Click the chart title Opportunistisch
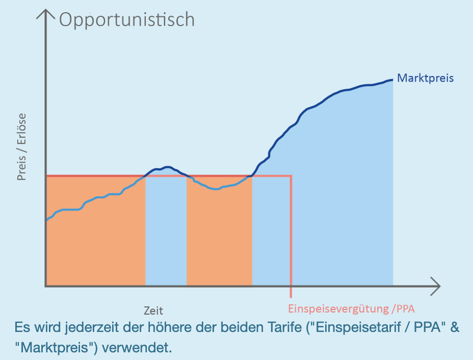(127, 19)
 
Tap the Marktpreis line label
(425, 78)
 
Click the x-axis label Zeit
(153, 310)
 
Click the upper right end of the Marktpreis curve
(391, 80)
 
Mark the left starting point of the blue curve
(46, 220)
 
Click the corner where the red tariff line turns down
(291, 176)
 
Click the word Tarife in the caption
(279, 327)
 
